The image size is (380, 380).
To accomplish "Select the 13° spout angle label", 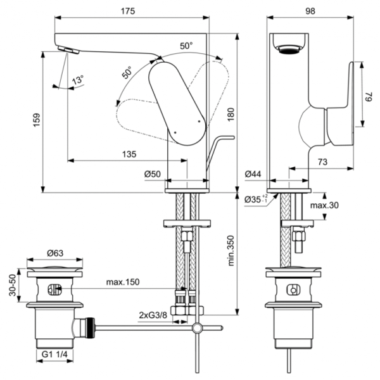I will [x=77, y=80].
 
